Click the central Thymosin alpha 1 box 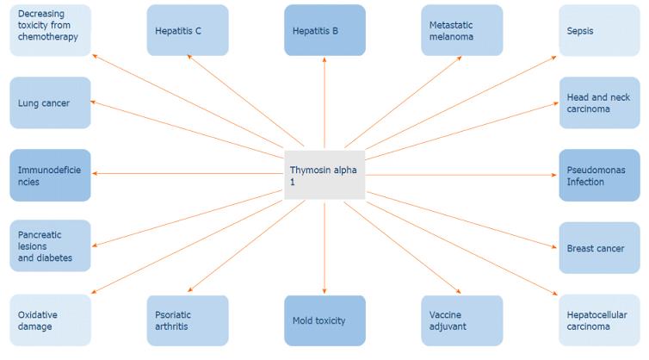324,176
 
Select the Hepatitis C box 187,31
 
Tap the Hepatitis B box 324,31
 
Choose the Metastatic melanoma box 461,31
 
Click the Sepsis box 599,31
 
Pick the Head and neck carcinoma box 599,103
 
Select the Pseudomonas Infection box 599,176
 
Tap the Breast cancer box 599,248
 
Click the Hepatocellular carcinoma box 599,320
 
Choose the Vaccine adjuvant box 461,320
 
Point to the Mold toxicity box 324,320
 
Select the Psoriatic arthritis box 187,320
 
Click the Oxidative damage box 50,320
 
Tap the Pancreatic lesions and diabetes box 50,246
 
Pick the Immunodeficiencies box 50,176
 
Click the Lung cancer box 50,103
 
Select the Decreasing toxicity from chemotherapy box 50,31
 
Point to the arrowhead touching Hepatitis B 324,59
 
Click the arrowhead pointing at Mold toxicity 324,292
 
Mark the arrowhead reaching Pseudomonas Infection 554,175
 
